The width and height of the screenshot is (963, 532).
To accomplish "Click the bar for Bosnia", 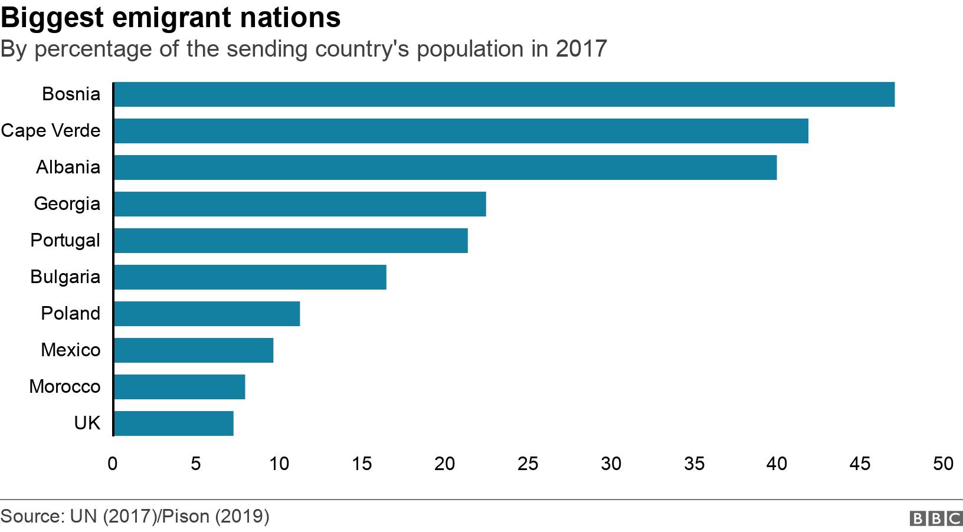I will point(504,94).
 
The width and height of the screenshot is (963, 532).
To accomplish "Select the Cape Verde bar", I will point(461,131).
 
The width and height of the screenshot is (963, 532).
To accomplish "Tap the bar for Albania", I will point(445,168).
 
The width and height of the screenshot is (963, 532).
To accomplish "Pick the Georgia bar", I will point(300,204).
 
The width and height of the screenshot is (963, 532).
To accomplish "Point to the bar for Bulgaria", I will point(250,277).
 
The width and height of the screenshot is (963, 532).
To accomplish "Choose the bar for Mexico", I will point(194,350).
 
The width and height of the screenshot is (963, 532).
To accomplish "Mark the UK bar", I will point(173,423).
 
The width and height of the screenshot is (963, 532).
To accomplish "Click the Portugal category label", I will point(65,241).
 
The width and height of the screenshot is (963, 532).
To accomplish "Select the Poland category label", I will point(70,314).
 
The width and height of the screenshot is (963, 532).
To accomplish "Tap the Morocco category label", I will point(64,387).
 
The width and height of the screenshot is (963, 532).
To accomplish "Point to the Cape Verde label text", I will point(50,131).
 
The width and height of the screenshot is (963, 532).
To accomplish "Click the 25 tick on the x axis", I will point(528,464).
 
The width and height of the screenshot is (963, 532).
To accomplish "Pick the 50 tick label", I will point(943,464).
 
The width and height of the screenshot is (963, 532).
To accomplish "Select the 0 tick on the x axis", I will point(113,464).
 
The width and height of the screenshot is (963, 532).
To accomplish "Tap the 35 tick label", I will point(694,464).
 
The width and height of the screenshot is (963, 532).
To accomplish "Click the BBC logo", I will point(936,518).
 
